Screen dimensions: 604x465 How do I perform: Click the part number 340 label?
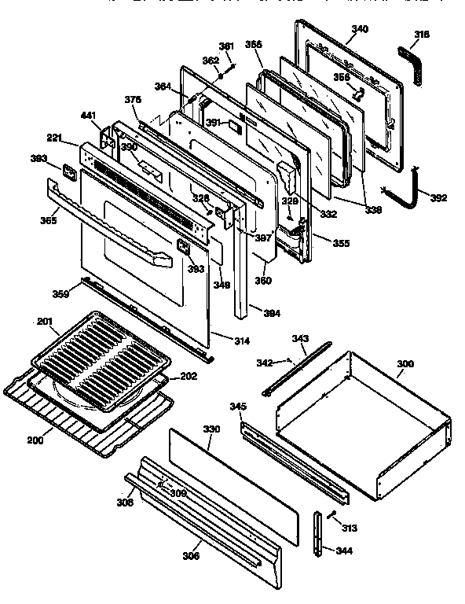pos(359,28)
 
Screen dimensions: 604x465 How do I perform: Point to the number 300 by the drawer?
pos(405,363)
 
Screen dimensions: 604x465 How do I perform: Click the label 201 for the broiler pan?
pos(45,321)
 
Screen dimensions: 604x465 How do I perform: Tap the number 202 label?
pos(188,375)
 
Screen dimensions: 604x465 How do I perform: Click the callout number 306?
pos(191,555)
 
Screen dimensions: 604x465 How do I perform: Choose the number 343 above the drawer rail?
pos(299,339)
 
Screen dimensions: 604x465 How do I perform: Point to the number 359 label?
pos(60,294)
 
